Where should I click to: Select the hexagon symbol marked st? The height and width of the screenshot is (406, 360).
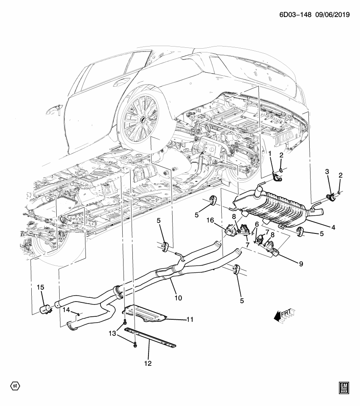click(15, 386)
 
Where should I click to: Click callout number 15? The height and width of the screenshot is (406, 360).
click(40, 288)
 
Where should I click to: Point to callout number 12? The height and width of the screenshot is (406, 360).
click(148, 363)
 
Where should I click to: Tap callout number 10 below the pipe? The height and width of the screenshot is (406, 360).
click(178, 298)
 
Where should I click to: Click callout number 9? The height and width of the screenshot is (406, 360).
click(301, 263)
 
